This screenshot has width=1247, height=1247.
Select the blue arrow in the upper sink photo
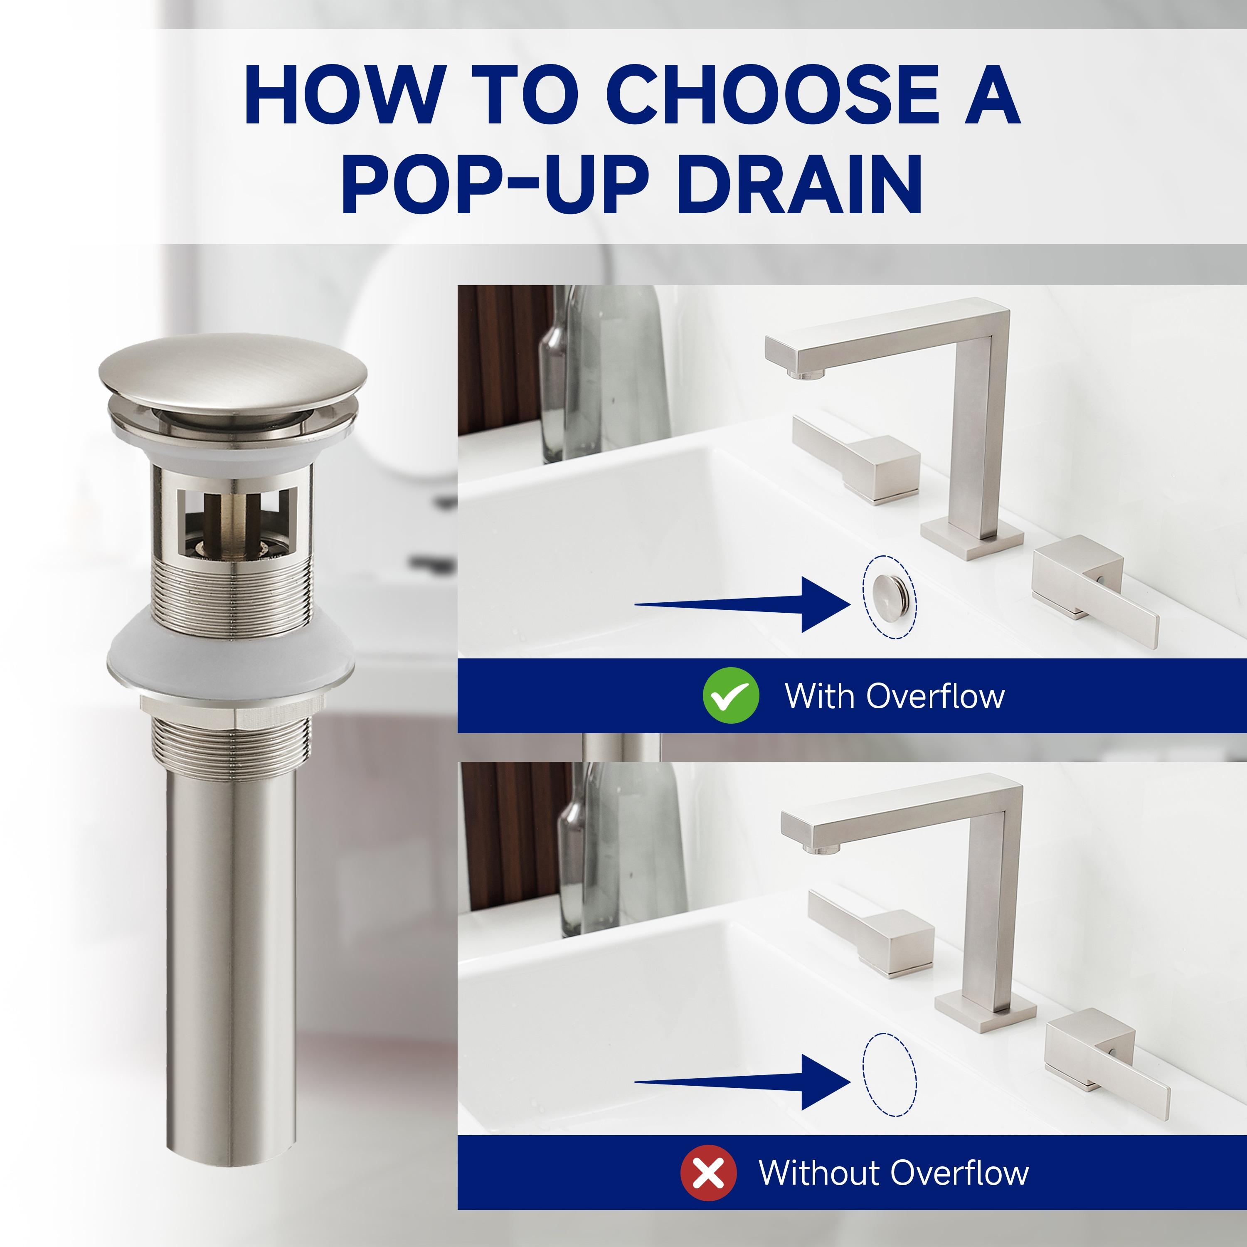tap(742, 604)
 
